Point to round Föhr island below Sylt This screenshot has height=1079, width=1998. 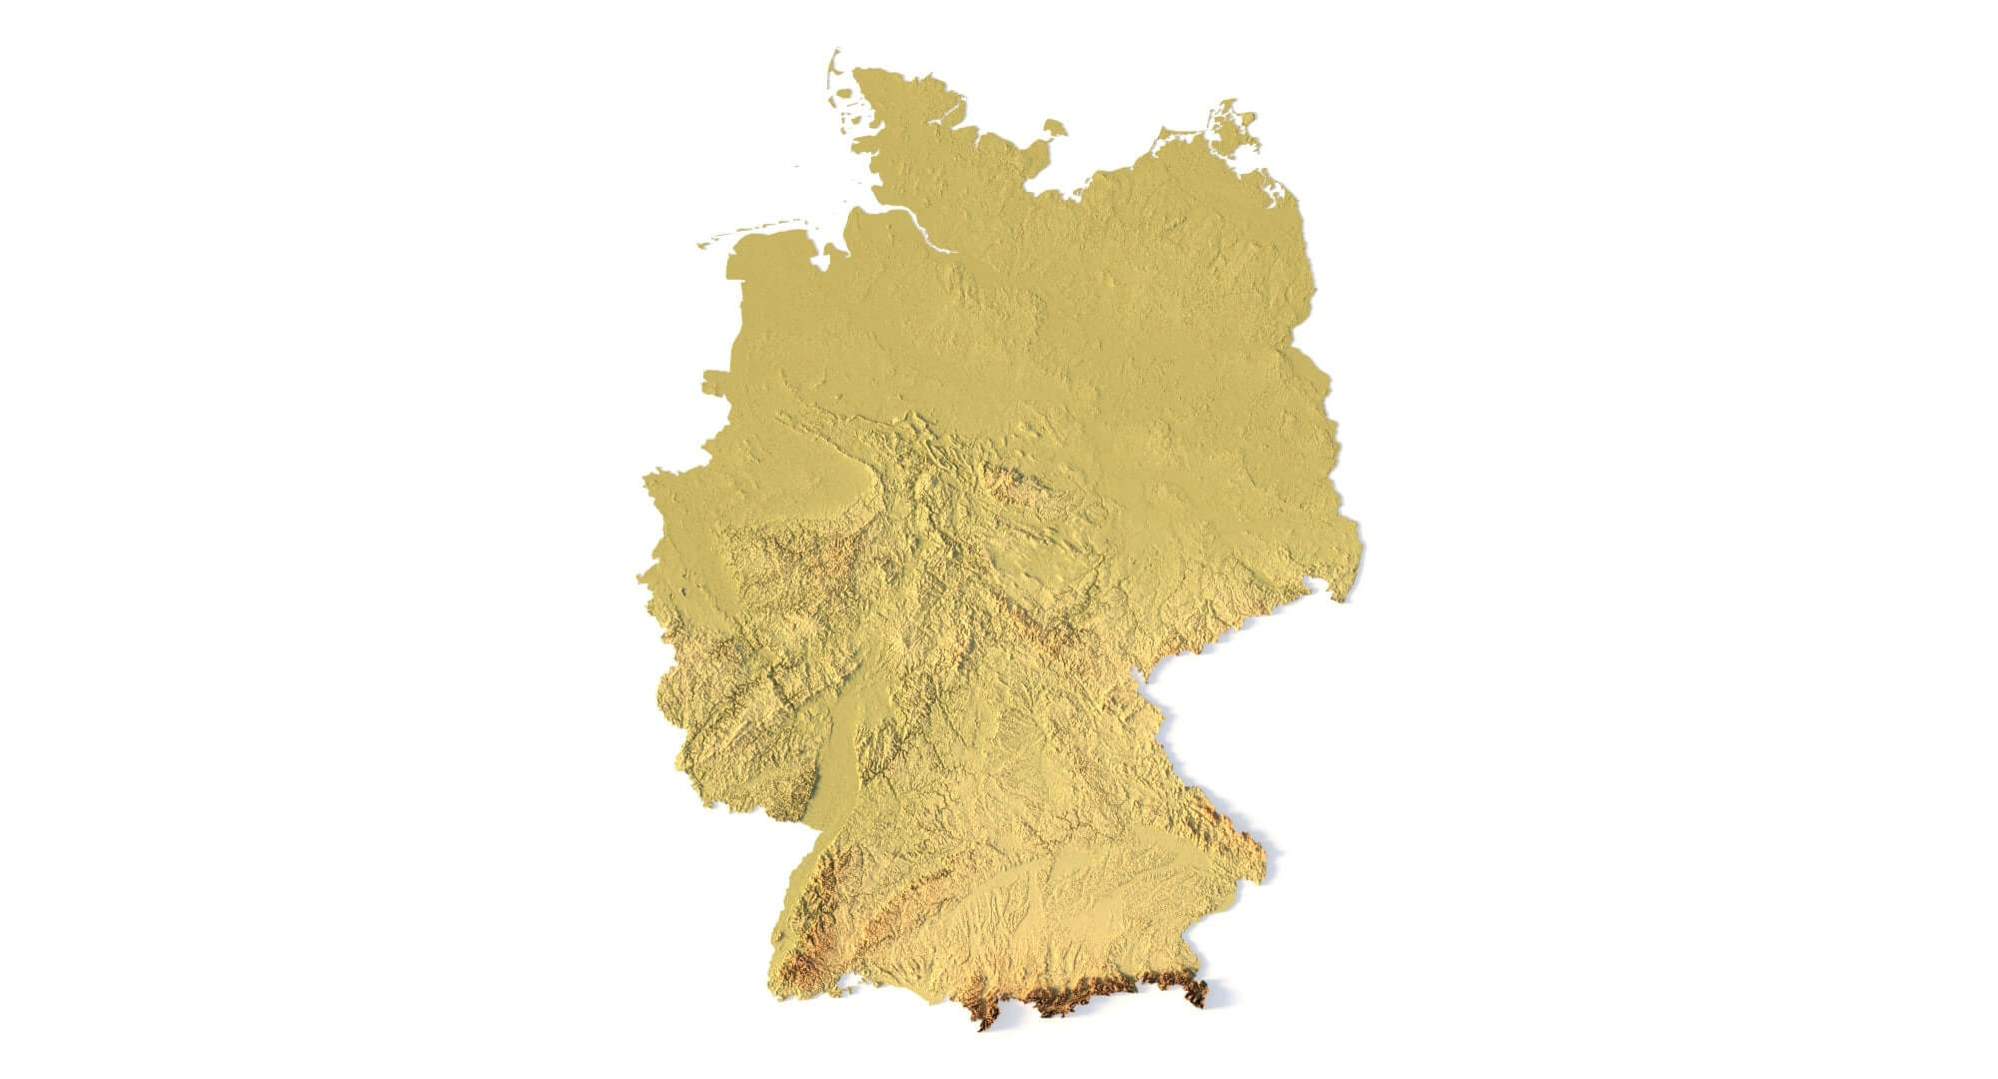pos(847,101)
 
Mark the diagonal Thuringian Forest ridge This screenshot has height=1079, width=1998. pos(1034,624)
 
